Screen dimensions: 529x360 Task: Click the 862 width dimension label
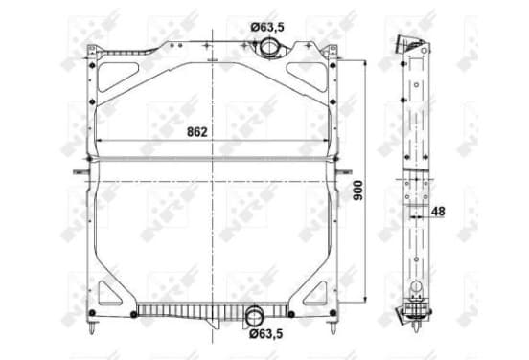(x=197, y=132)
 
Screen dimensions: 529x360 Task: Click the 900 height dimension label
(x=358, y=191)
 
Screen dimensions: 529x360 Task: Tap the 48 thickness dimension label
(x=438, y=212)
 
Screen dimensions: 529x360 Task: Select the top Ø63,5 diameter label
(x=267, y=27)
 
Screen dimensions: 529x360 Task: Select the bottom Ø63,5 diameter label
(x=265, y=334)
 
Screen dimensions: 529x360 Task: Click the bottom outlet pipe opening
(x=254, y=317)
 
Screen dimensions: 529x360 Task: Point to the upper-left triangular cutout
(x=118, y=77)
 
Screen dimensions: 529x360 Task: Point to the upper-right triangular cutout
(x=307, y=77)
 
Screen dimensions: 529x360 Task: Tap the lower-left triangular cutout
(x=109, y=293)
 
